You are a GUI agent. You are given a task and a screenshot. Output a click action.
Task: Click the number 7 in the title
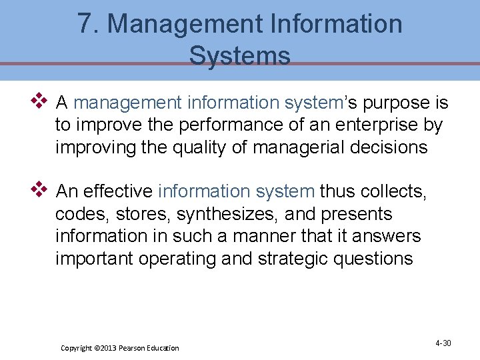point(85,24)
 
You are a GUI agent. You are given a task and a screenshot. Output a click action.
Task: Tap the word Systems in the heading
point(240,55)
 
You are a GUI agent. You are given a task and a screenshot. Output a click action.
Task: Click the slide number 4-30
point(443,343)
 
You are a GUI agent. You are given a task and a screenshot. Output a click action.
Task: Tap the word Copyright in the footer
point(77,348)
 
